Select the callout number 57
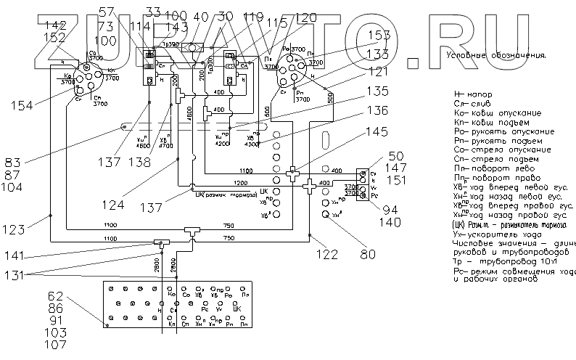click(x=107, y=11)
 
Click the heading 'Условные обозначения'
click(x=496, y=55)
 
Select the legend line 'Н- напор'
click(x=474, y=95)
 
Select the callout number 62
click(x=56, y=296)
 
